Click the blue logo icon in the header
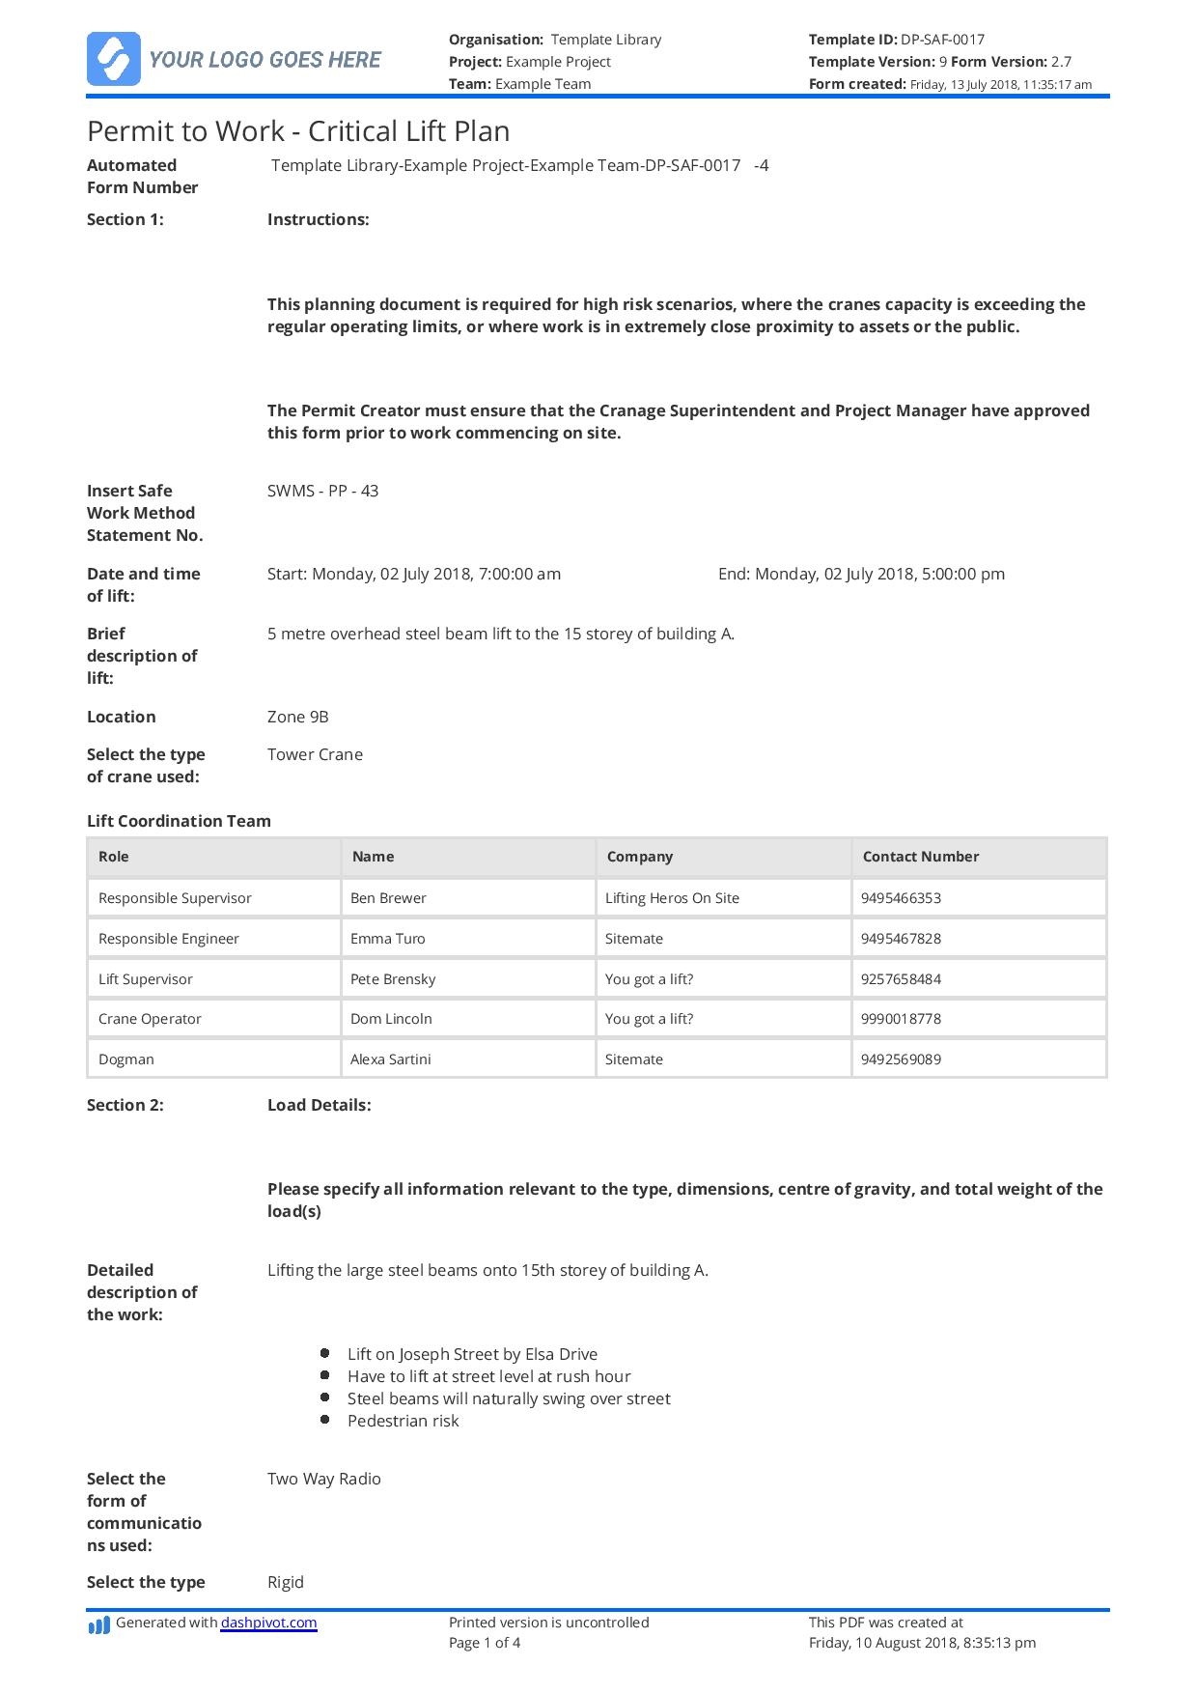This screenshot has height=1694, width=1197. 114,59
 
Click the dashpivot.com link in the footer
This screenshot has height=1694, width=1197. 268,1623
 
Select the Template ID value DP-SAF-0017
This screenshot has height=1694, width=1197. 942,40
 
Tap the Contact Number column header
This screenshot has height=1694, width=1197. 920,857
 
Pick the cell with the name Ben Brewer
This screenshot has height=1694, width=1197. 388,898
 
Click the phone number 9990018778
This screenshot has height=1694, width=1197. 901,1019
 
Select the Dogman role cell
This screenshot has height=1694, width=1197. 126,1059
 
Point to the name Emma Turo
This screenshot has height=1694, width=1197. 387,939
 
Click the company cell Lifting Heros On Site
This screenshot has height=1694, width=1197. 672,898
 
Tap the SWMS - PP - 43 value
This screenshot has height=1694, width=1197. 322,491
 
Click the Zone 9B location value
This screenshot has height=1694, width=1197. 297,717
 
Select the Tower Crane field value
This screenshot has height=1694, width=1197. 315,754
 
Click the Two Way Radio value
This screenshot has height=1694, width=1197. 323,1479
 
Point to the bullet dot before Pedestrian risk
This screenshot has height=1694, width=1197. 325,1420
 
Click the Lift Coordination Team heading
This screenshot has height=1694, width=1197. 179,821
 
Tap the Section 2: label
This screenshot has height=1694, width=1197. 125,1105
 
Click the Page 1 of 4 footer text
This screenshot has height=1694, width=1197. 485,1642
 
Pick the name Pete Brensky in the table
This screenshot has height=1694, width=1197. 393,979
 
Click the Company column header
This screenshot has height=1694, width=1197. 639,857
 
